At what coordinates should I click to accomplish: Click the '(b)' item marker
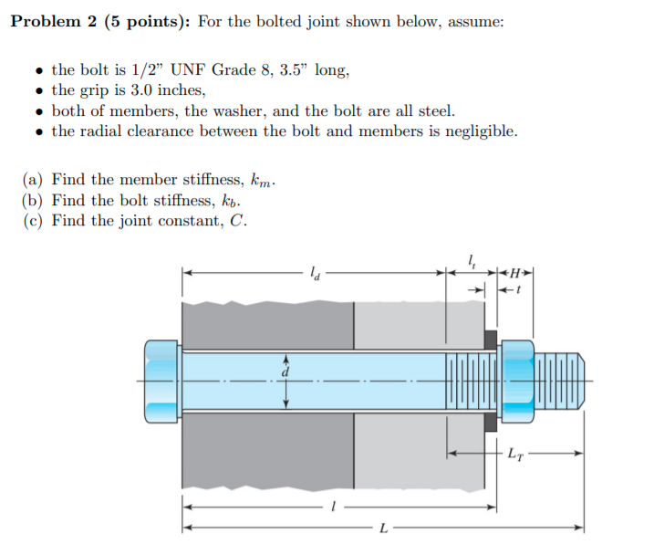[x=34, y=201]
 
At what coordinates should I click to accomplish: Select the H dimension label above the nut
[x=518, y=272]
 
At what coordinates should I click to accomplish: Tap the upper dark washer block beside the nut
[x=490, y=340]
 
